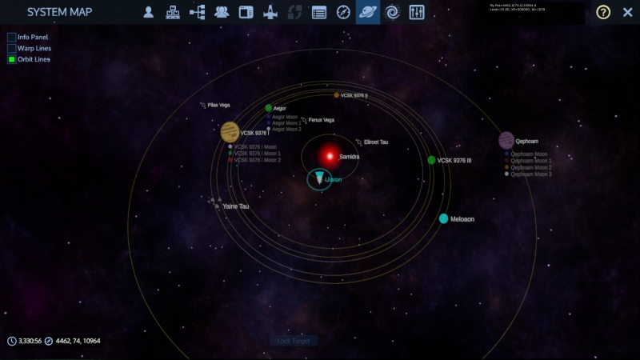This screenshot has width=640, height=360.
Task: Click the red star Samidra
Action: point(329,156)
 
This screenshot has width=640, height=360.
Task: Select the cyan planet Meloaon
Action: point(443,218)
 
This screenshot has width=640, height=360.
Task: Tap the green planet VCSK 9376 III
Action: point(431,160)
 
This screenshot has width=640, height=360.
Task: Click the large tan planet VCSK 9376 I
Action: point(230,131)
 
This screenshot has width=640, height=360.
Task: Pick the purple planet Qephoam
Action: point(506,141)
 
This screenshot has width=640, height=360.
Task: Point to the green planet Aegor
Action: point(269,108)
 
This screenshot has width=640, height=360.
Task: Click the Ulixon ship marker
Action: point(320,179)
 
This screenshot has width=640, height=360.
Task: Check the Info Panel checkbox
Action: point(12,37)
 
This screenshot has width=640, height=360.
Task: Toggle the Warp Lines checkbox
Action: point(12,48)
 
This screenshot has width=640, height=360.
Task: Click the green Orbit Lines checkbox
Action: point(12,59)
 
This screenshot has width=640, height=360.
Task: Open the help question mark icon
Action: point(603,12)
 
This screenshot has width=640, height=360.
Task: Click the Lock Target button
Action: point(293,341)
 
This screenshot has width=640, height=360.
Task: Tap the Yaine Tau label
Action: point(235,206)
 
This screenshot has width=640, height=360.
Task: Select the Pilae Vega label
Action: point(218,105)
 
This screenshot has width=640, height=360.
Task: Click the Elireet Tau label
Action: point(375,142)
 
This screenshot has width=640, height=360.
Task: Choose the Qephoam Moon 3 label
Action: point(530,174)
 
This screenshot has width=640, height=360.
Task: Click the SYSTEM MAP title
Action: point(59,12)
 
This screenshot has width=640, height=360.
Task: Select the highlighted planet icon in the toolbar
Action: point(367,12)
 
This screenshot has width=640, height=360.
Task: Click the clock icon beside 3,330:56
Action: point(12,341)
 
